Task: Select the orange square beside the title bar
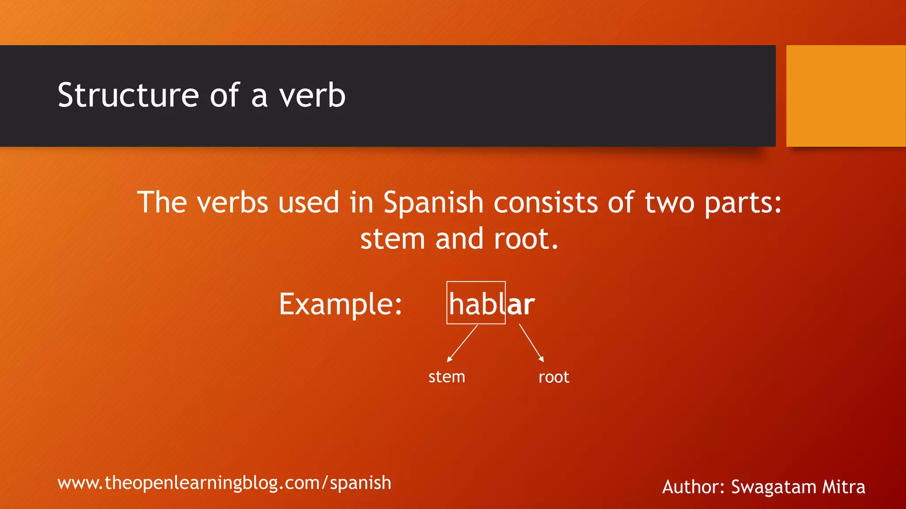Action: point(846,95)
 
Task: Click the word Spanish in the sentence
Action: point(433,203)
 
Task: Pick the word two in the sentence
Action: point(669,203)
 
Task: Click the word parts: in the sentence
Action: point(743,204)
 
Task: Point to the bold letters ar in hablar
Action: point(521,305)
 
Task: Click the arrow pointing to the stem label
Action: point(462,343)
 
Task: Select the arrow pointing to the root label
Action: point(531,343)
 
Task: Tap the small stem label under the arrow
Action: point(447,377)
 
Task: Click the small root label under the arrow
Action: point(554,377)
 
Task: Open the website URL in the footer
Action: point(224,483)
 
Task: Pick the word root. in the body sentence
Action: point(526,239)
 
